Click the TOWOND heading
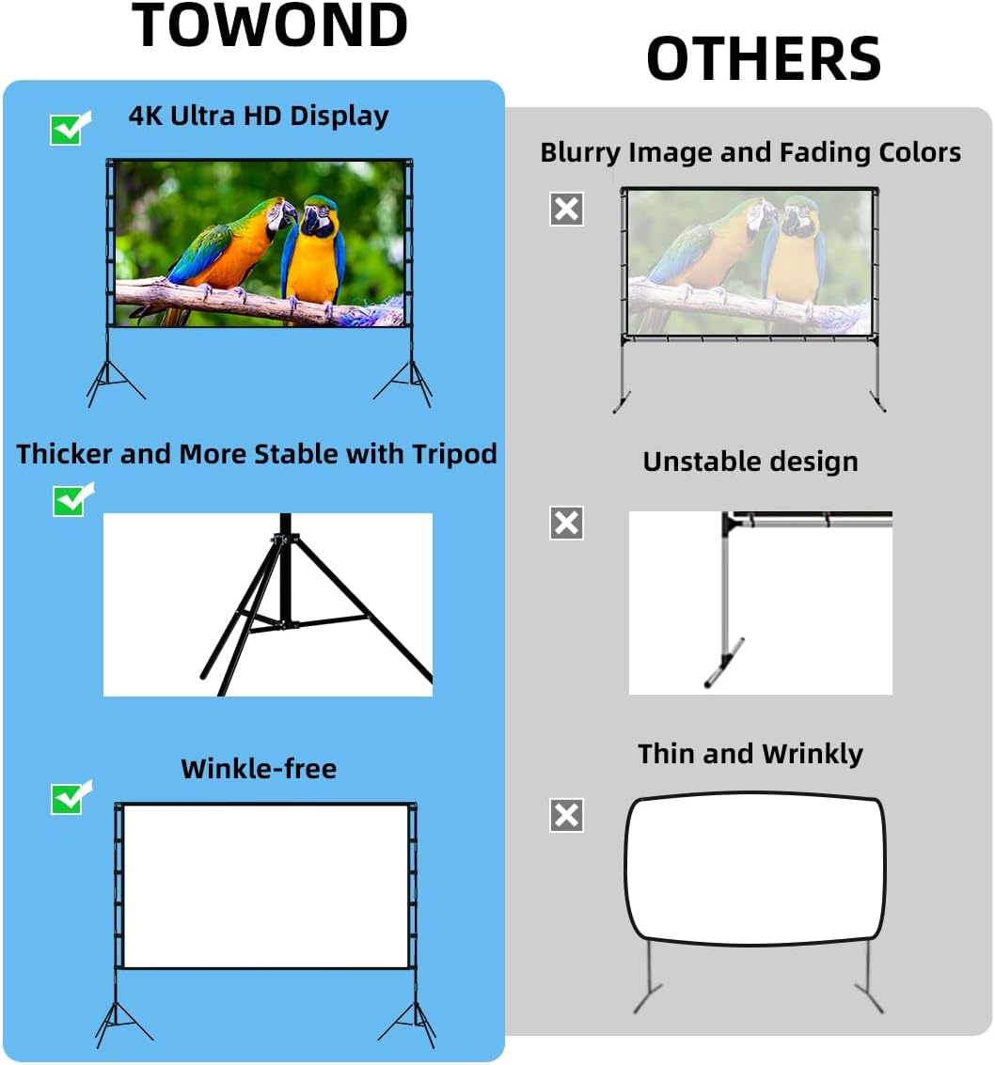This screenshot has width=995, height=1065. coord(270,25)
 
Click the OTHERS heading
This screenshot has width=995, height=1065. coord(763,58)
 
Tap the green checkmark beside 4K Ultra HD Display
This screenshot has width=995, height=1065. coord(68,128)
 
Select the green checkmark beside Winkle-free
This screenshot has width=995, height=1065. coord(69,798)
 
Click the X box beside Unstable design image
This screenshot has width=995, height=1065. coord(566,523)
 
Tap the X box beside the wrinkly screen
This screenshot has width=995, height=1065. coord(566,815)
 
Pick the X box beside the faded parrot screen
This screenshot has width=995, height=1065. coord(566,209)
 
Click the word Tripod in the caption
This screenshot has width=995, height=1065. coord(454,454)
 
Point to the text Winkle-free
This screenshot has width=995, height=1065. coord(259,768)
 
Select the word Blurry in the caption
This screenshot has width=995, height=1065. coord(579,152)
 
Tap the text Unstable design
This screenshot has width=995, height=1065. coord(750,462)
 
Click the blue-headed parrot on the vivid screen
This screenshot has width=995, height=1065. coord(316,249)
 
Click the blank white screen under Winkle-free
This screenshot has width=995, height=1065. coord(265,885)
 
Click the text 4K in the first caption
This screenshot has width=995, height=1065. coord(146,116)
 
